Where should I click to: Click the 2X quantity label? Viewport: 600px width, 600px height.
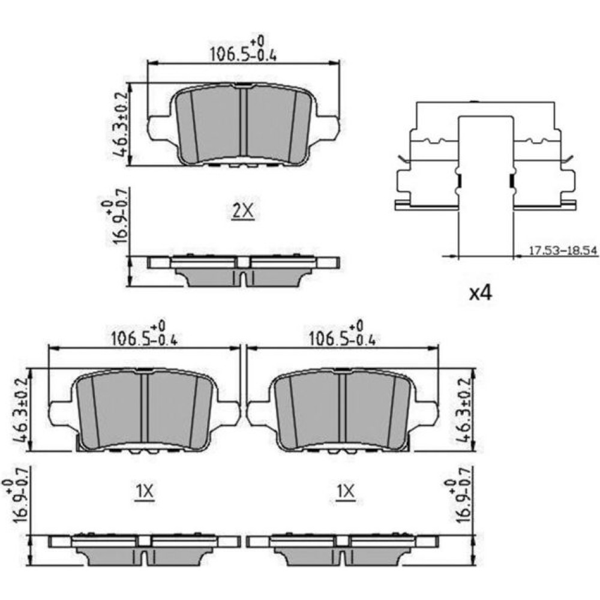point(243,211)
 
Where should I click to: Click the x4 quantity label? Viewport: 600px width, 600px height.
point(481,293)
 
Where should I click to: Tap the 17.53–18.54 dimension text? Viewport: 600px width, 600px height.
point(563,251)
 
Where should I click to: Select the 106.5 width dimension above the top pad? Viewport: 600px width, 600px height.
point(243,50)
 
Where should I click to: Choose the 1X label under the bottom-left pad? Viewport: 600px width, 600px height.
point(145,492)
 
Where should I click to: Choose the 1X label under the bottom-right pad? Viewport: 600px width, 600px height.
point(346,491)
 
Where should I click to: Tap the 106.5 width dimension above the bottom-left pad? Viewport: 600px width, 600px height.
point(144,334)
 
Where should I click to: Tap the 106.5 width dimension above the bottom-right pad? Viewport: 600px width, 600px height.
point(342,334)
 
